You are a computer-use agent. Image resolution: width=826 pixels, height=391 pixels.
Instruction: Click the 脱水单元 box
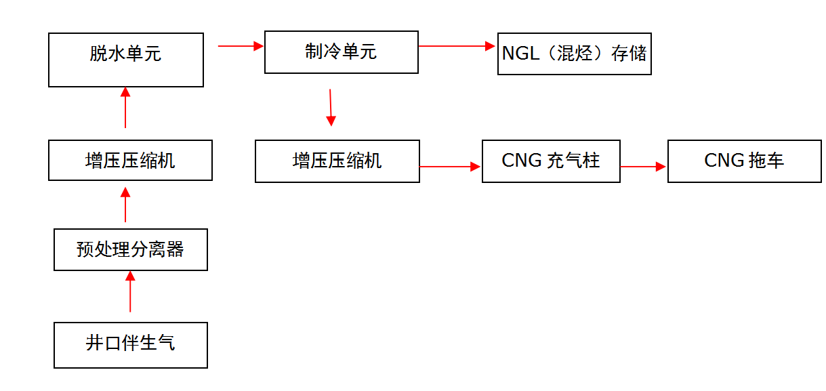(x=126, y=60)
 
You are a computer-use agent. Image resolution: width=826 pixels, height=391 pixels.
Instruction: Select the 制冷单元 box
(x=341, y=52)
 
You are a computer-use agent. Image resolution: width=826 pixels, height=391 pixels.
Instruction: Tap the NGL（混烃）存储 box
(x=574, y=54)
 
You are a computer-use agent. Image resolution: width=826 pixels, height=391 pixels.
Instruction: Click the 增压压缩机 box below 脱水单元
(x=130, y=161)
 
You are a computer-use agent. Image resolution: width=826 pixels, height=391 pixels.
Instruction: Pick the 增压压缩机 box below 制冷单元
(x=337, y=161)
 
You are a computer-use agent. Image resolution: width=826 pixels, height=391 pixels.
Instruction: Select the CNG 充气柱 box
(x=551, y=161)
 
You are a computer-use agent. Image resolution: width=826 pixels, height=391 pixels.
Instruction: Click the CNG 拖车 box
(x=744, y=161)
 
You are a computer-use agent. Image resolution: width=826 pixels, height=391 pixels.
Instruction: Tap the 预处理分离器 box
(x=130, y=250)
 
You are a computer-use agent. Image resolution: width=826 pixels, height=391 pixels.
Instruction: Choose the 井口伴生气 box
(x=130, y=345)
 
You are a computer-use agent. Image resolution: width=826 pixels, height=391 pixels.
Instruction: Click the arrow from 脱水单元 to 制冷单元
(x=241, y=46)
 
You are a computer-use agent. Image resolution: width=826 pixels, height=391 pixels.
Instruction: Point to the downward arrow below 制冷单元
(x=331, y=107)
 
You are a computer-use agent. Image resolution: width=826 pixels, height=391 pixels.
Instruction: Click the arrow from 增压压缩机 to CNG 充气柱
(x=450, y=166)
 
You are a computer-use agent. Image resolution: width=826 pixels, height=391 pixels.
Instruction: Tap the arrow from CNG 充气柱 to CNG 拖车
(x=643, y=166)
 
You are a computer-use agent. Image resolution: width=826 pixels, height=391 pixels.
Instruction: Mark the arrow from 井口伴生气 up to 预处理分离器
(x=131, y=291)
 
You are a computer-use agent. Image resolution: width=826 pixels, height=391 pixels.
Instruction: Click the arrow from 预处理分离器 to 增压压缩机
(x=125, y=205)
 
